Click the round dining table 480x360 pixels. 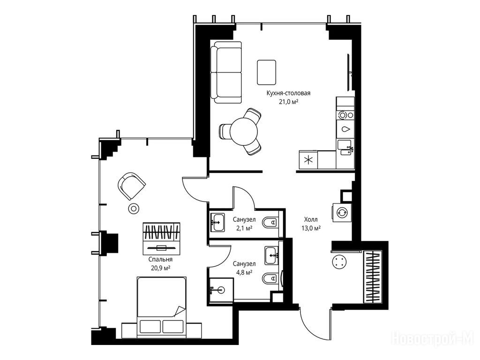(244, 132)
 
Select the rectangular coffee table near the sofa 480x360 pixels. (266, 72)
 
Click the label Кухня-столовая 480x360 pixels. (288, 93)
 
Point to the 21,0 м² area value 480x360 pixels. (288, 102)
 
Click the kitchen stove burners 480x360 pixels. (345, 115)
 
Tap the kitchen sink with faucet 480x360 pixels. (345, 148)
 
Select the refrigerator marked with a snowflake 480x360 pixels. (308, 159)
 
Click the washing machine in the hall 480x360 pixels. (342, 212)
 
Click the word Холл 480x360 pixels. (311, 219)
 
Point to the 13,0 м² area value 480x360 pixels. (311, 228)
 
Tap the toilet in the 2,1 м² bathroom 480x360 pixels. (270, 223)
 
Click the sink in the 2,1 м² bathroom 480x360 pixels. (217, 222)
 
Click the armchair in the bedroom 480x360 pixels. (131, 186)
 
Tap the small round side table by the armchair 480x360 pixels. (134, 209)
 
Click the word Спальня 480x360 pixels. (160, 260)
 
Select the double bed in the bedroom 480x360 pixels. (161, 306)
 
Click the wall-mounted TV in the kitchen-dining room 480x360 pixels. (349, 72)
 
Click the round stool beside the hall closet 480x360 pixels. (339, 262)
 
